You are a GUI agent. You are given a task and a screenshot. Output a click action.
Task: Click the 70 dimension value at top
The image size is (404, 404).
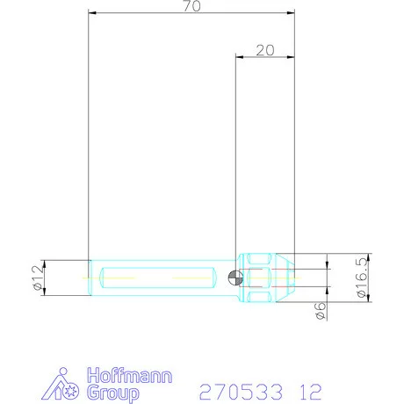192,6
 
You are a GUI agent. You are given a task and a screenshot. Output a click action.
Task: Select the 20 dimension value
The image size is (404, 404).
264,50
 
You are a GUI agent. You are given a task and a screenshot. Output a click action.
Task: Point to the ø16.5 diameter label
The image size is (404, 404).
362,278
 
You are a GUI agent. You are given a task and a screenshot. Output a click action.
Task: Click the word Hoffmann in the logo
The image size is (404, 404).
131,375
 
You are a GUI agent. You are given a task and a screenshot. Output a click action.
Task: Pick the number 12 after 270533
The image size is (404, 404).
310,389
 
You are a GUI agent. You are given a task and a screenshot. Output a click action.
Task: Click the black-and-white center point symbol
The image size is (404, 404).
233,278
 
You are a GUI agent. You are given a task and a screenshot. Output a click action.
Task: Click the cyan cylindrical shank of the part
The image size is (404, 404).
158,278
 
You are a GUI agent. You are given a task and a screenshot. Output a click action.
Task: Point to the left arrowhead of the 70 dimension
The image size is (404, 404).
93,13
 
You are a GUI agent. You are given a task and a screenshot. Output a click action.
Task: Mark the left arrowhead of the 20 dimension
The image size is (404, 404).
239,57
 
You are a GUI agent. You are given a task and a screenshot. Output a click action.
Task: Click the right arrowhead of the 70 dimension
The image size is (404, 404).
291,13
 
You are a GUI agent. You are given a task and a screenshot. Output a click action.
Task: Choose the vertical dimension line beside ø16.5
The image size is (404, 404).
371,278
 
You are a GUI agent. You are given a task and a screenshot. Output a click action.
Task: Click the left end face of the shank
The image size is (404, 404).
90,278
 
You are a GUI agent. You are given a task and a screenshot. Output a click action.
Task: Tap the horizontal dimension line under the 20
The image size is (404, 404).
264,57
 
